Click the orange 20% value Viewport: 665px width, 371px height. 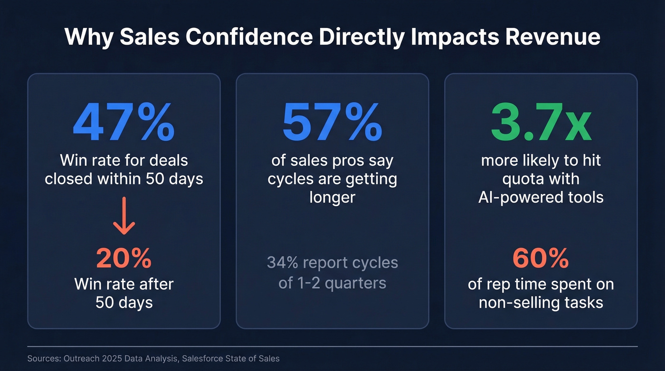click(x=123, y=258)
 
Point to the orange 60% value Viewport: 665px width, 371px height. click(x=541, y=258)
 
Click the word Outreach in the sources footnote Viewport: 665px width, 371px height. click(x=80, y=359)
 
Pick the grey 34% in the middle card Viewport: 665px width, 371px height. click(x=281, y=262)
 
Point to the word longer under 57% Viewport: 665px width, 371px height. click(x=332, y=197)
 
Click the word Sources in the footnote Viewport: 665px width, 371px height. click(x=43, y=359)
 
